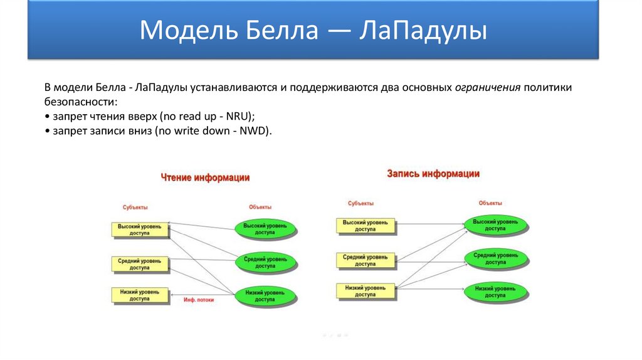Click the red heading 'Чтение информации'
click(x=205, y=177)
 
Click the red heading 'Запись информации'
click(x=433, y=174)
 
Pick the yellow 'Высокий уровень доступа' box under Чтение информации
click(x=140, y=229)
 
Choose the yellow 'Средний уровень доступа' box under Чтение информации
click(x=140, y=264)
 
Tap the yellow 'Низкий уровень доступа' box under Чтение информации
click(x=140, y=295)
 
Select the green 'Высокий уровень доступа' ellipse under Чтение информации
click(x=265, y=228)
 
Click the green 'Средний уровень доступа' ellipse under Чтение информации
click(x=266, y=262)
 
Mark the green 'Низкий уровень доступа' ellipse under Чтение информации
click(x=266, y=296)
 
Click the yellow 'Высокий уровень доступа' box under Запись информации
click(x=366, y=226)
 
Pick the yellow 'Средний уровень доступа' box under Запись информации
click(x=366, y=260)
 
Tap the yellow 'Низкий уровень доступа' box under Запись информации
click(x=366, y=291)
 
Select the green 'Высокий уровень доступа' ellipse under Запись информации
click(x=495, y=225)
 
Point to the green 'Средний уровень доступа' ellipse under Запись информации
click(x=495, y=258)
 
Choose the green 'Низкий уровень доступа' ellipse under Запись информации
click(x=495, y=292)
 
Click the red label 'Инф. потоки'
click(x=198, y=300)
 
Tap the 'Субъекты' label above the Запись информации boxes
click(x=361, y=203)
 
